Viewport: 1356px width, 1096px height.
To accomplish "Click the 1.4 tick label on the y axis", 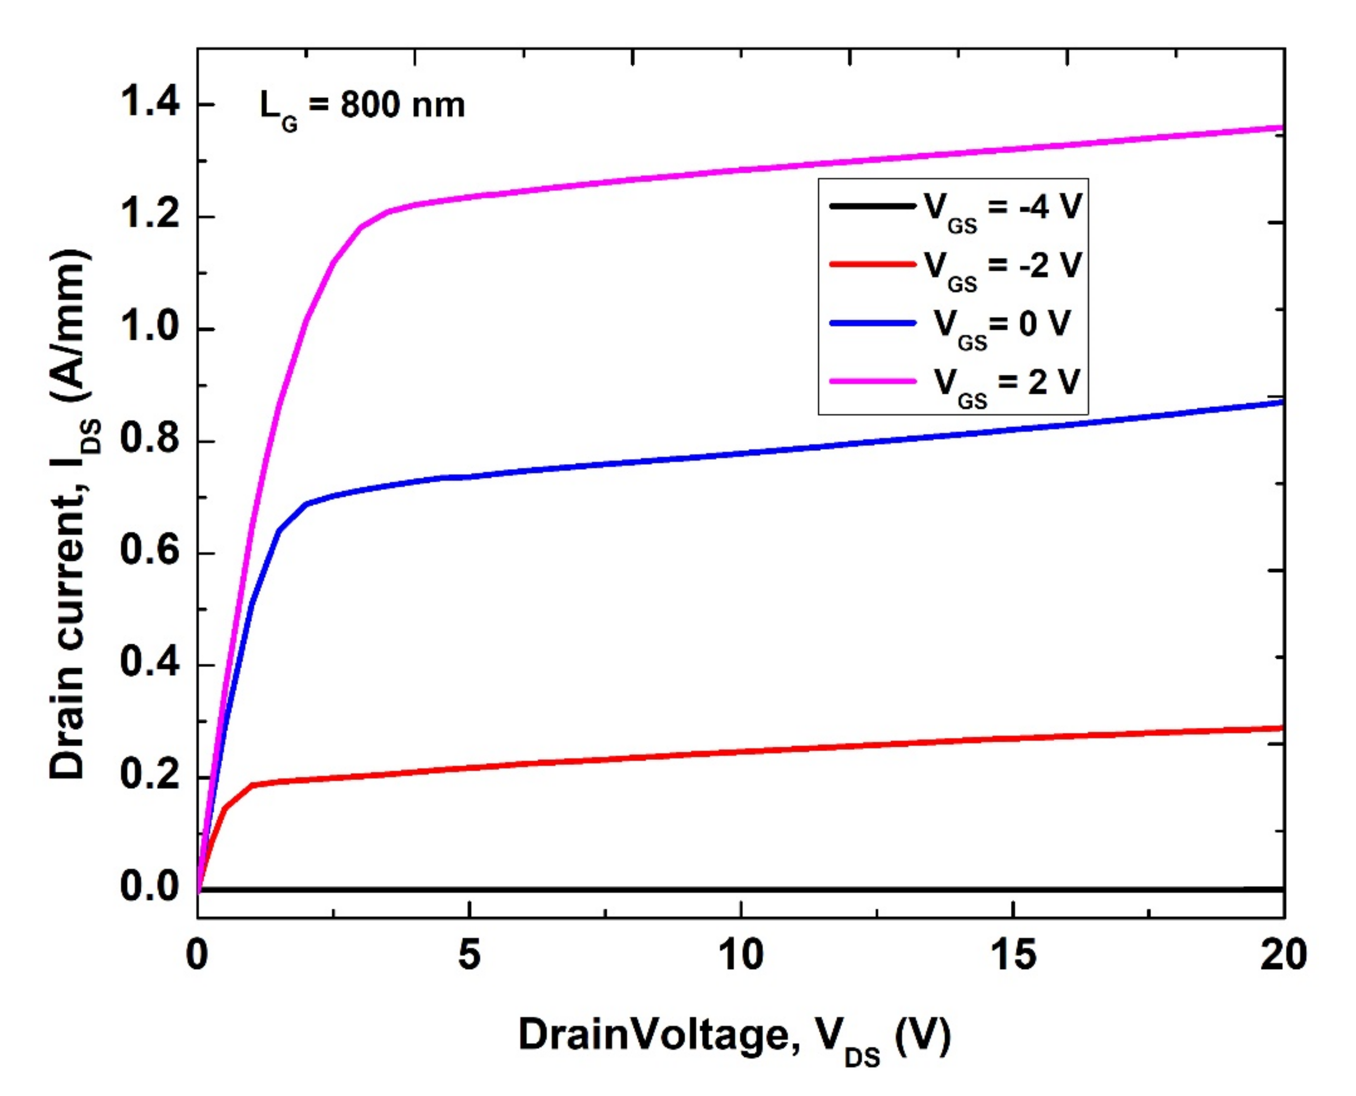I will click(x=150, y=103).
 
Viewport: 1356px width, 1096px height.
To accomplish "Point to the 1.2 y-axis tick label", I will click(x=150, y=216).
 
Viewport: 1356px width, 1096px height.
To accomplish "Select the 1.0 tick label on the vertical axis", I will click(x=150, y=328).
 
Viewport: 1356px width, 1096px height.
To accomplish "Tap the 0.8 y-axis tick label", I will click(x=150, y=440).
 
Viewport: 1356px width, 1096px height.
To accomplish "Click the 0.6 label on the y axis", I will click(x=150, y=552).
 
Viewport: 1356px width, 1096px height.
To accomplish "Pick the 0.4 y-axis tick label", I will click(x=150, y=664).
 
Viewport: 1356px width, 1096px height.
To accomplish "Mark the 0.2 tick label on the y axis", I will click(x=150, y=776).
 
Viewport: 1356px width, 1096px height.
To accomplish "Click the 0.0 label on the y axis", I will click(x=150, y=887).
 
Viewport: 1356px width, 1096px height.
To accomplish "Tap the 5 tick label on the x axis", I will click(x=469, y=955).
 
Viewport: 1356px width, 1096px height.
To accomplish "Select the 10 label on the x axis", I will click(x=741, y=955).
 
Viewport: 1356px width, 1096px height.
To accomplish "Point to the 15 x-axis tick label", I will click(x=1013, y=955).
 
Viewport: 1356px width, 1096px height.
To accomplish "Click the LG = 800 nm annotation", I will click(x=362, y=107).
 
